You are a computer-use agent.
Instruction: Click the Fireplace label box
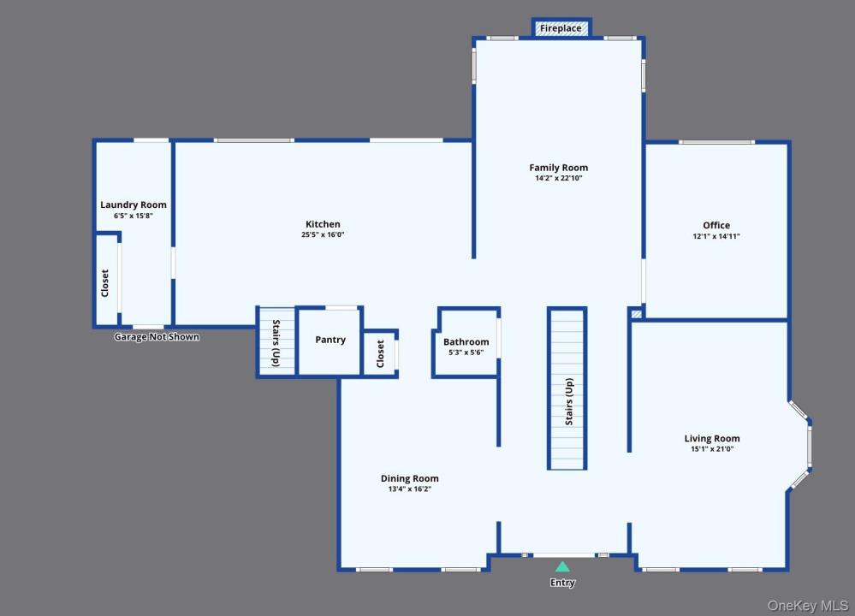[x=561, y=28]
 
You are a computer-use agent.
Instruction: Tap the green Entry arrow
[x=562, y=566]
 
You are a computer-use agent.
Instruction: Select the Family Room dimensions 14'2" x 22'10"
[x=558, y=178]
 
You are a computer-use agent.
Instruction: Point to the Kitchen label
[x=323, y=224]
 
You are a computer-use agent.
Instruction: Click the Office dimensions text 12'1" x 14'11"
[x=716, y=236]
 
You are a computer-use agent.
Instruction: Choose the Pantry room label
[x=330, y=340]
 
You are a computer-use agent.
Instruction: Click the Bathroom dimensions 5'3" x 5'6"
[x=466, y=352]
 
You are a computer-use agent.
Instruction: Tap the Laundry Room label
[x=134, y=205]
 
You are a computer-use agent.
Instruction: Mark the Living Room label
[x=712, y=438]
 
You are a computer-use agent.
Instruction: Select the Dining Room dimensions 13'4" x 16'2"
[x=409, y=489]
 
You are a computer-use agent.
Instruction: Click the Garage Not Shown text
[x=157, y=337]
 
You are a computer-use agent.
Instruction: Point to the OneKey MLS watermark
[x=808, y=606]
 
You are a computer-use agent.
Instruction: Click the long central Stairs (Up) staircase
[x=567, y=388]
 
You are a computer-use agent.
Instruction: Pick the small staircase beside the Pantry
[x=276, y=341]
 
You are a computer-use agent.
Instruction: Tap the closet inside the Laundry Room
[x=107, y=281]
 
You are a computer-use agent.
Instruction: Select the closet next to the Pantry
[x=381, y=354]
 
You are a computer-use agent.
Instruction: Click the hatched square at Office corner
[x=637, y=314]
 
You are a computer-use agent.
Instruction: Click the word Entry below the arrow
[x=562, y=583]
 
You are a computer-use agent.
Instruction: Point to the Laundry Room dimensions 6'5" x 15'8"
[x=133, y=216]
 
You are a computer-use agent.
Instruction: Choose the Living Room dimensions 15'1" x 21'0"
[x=712, y=449]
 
